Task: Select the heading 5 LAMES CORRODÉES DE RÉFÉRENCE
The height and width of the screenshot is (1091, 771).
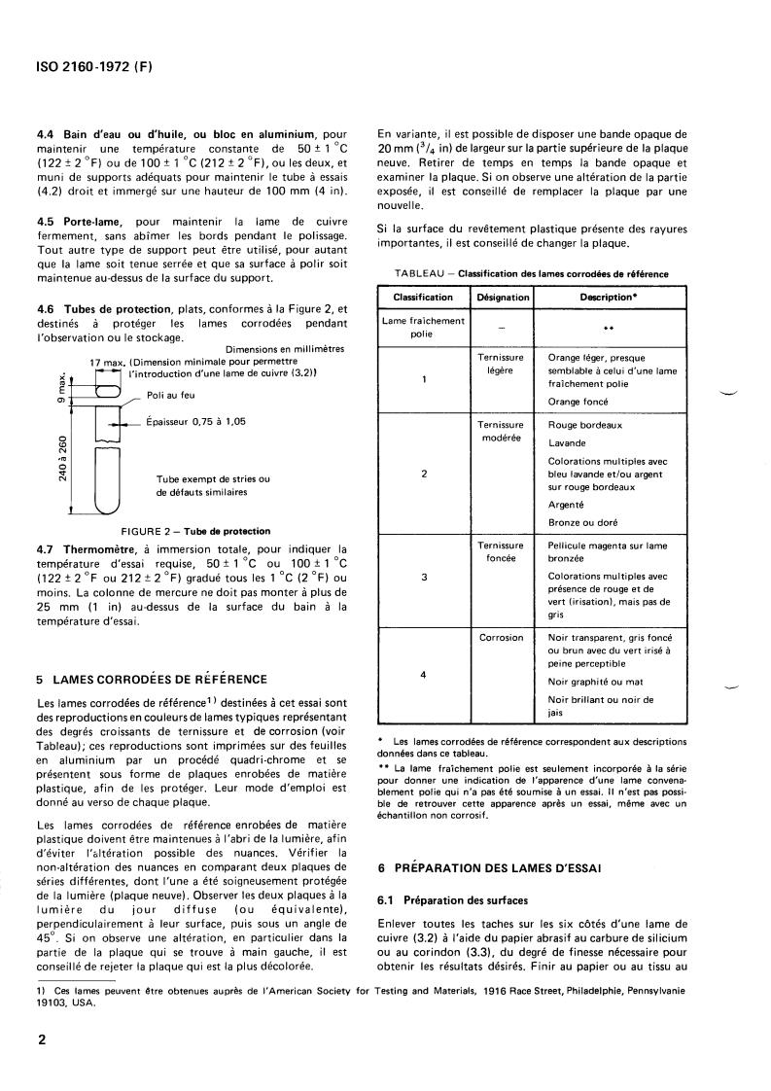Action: pos(151,679)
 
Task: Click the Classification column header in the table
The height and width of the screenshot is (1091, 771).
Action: pos(422,297)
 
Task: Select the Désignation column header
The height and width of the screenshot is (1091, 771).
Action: pos(503,297)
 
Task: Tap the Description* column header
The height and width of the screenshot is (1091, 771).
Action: pos(609,297)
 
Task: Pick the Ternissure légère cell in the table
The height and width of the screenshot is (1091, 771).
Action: pos(503,365)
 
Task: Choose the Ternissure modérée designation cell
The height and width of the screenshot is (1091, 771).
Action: pos(503,431)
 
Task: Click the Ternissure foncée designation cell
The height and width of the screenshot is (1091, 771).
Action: pos(503,552)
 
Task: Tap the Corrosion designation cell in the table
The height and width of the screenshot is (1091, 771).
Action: pos(503,637)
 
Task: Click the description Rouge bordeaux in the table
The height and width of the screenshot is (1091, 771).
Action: pos(585,425)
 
